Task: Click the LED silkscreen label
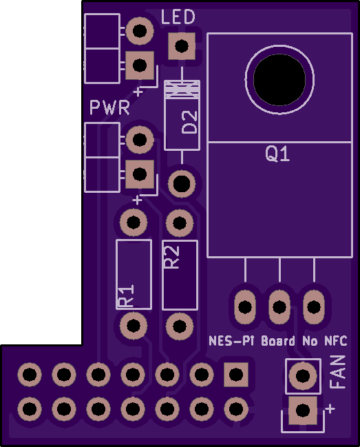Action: pyautogui.click(x=178, y=17)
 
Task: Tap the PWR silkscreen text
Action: pyautogui.click(x=109, y=107)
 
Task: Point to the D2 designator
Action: pyautogui.click(x=189, y=122)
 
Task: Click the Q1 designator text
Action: pyautogui.click(x=277, y=154)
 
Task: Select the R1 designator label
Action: pyautogui.click(x=126, y=295)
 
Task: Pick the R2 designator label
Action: pyautogui.click(x=172, y=257)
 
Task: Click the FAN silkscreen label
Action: pyautogui.click(x=338, y=372)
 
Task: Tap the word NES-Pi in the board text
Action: pyautogui.click(x=231, y=341)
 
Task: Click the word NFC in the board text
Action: pyautogui.click(x=336, y=341)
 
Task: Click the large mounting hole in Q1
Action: pyautogui.click(x=279, y=79)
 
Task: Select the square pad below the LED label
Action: pyautogui.click(x=182, y=46)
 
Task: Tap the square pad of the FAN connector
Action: pyautogui.click(x=303, y=410)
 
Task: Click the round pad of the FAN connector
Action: pyautogui.click(x=303, y=375)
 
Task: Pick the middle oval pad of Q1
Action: pyautogui.click(x=279, y=306)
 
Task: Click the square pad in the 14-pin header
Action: pyautogui.click(x=236, y=374)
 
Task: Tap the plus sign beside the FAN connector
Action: pyautogui.click(x=330, y=409)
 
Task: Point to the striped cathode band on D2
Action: pyautogui.click(x=182, y=90)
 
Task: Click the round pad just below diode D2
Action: pyautogui.click(x=182, y=184)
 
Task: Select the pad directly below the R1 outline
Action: pyautogui.click(x=134, y=325)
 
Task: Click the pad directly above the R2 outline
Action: pyautogui.click(x=180, y=222)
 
